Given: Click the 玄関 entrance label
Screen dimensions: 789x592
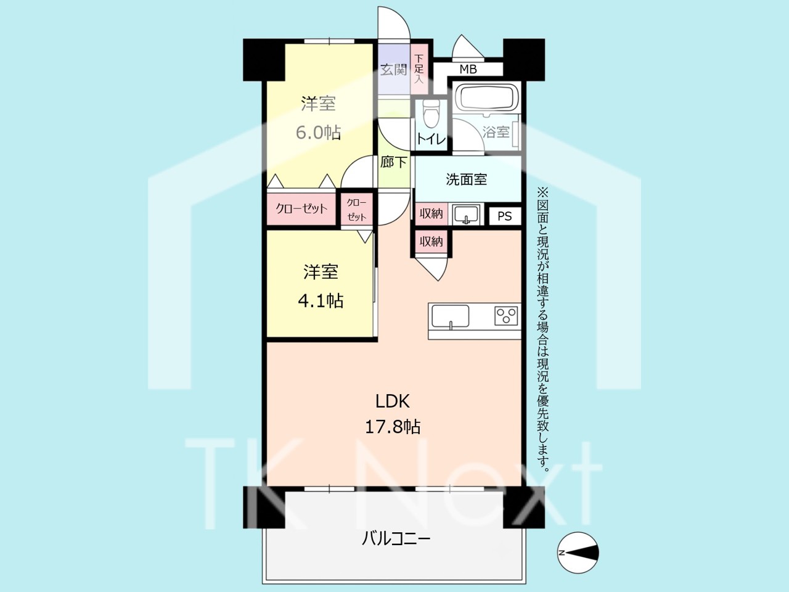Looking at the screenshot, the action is click(x=394, y=69).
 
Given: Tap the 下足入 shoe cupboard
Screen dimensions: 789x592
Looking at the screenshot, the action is click(x=419, y=69).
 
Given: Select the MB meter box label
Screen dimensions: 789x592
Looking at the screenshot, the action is click(x=468, y=69).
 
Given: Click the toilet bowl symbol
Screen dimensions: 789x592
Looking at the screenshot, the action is click(x=431, y=112).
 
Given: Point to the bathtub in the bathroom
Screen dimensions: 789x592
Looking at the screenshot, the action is click(x=486, y=98).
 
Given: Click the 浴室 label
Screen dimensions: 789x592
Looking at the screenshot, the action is click(x=496, y=132).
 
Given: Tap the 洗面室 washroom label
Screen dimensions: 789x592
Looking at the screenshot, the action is click(x=466, y=179).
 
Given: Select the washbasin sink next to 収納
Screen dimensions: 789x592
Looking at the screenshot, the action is click(x=466, y=215).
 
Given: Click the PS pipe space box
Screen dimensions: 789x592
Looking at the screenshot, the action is click(x=505, y=216).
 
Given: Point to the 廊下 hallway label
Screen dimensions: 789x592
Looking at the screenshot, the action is click(x=394, y=162).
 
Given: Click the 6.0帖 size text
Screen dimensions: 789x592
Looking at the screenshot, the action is click(x=319, y=133).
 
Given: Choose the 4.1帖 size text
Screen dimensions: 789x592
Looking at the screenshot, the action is click(x=321, y=300).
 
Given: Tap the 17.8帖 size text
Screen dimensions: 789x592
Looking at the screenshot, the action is click(x=393, y=427).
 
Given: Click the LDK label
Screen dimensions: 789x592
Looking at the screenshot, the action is click(x=393, y=401).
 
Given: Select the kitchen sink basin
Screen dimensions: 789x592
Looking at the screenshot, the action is click(x=451, y=316).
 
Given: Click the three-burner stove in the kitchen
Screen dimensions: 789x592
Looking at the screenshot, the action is click(x=506, y=316).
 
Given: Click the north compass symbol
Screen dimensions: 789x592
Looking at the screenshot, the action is click(x=578, y=553).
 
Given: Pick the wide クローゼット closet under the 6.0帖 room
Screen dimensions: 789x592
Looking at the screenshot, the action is click(x=301, y=209).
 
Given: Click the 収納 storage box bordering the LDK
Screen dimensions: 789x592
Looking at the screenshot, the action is click(x=431, y=241).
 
